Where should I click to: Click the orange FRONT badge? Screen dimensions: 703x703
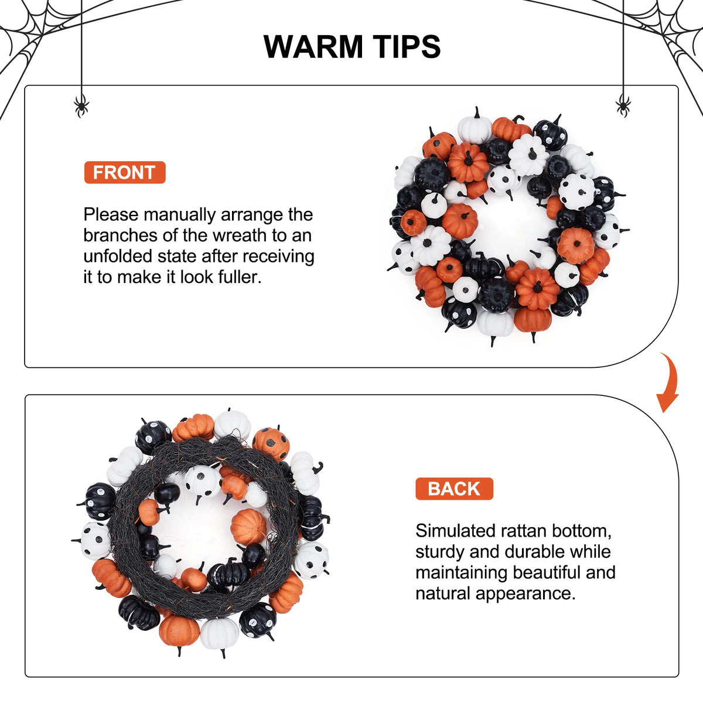125,172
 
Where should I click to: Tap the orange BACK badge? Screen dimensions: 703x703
454,489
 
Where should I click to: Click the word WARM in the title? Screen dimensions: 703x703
312,47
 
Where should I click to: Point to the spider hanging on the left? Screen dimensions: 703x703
81,106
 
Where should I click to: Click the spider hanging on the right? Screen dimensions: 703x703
623,106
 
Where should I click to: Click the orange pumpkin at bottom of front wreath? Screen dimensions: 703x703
533,319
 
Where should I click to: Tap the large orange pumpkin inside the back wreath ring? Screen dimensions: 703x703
249,527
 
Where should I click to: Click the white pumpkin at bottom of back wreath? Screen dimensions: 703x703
220,633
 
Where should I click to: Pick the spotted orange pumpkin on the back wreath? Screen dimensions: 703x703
271,444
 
